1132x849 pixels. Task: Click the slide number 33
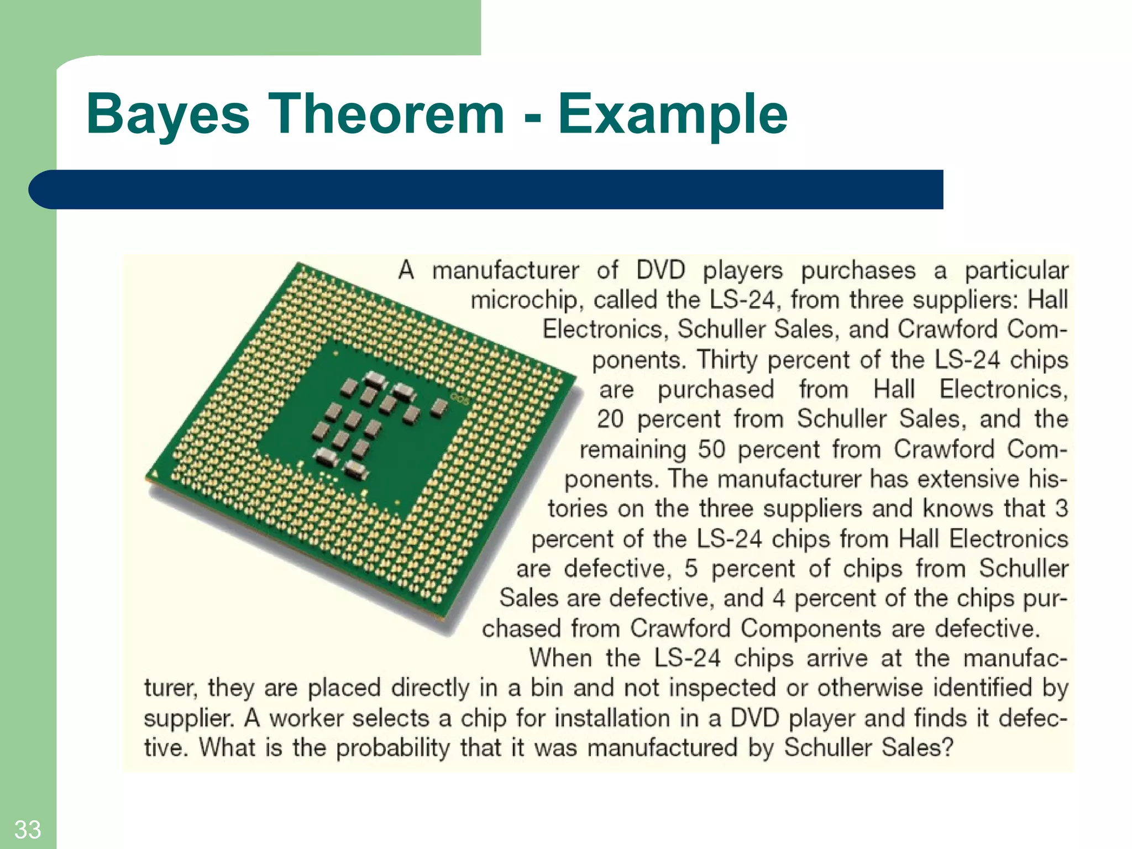click(x=28, y=830)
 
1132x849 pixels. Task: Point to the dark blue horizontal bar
click(x=486, y=190)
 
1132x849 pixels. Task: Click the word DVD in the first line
click(x=661, y=270)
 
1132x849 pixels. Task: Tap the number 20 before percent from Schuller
click(x=610, y=419)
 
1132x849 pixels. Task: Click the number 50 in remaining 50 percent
click(x=711, y=449)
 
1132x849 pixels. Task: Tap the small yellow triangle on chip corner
click(x=154, y=473)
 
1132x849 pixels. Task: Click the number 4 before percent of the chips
click(x=779, y=598)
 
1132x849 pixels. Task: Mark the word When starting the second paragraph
click(x=560, y=658)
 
